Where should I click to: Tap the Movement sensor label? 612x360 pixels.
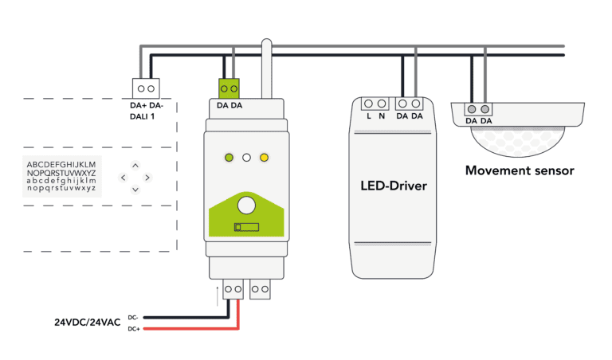click(x=520, y=170)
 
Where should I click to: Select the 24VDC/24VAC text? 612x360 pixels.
click(x=88, y=323)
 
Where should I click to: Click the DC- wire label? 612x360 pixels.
click(x=133, y=316)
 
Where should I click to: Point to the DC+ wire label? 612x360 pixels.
click(x=133, y=328)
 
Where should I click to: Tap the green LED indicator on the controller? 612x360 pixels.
click(x=229, y=158)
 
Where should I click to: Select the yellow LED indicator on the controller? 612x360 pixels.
click(x=264, y=158)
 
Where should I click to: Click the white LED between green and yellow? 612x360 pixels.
click(x=246, y=158)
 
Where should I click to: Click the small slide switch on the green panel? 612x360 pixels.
click(x=245, y=228)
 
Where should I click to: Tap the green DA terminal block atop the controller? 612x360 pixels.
click(x=229, y=88)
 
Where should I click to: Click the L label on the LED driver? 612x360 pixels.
click(x=369, y=117)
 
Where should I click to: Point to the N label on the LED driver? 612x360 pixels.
click(x=382, y=117)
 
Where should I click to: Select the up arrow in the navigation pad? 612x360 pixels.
click(x=135, y=166)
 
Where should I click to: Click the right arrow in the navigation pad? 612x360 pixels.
click(x=147, y=178)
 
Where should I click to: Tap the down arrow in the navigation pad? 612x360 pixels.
click(x=135, y=190)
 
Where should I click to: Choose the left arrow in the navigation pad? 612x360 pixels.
click(x=123, y=178)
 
